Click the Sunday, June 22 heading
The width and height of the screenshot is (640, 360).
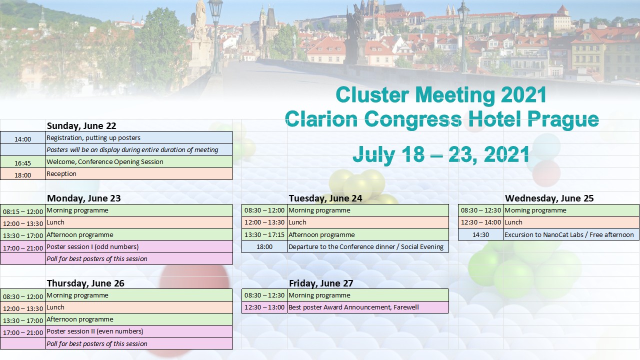81,125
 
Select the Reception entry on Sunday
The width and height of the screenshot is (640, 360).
61,173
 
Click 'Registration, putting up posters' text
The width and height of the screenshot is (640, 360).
93,137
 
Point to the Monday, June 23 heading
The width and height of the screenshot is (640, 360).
83,198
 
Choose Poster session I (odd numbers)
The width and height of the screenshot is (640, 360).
92,246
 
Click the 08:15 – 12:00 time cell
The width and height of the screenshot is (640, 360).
23,211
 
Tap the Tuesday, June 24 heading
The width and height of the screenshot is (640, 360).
325,198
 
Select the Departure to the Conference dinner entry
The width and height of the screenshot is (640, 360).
366,246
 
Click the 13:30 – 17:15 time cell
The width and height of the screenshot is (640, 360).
264,234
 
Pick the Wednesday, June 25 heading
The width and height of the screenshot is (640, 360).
549,198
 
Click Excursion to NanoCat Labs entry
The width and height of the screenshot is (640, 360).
569,234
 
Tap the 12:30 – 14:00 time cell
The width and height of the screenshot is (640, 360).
481,222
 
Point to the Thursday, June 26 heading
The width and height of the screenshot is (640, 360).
85,283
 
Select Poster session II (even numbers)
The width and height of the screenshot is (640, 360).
95,331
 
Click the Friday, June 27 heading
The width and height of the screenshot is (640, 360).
321,283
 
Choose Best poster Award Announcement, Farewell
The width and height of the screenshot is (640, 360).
353,307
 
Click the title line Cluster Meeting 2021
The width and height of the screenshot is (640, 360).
441,95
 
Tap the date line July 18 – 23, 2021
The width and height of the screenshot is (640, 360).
441,154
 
